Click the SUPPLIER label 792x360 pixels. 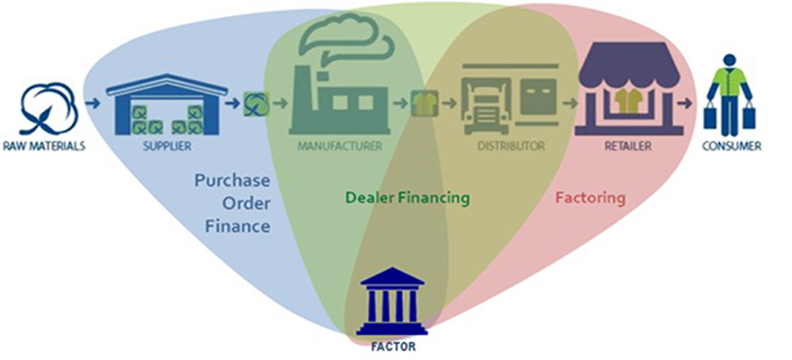click(x=167, y=146)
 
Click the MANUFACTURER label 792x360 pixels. click(x=339, y=146)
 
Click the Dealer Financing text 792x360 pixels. click(x=408, y=197)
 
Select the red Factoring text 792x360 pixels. click(x=590, y=197)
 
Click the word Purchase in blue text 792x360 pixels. click(x=232, y=180)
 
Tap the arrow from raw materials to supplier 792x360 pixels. click(x=91, y=104)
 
